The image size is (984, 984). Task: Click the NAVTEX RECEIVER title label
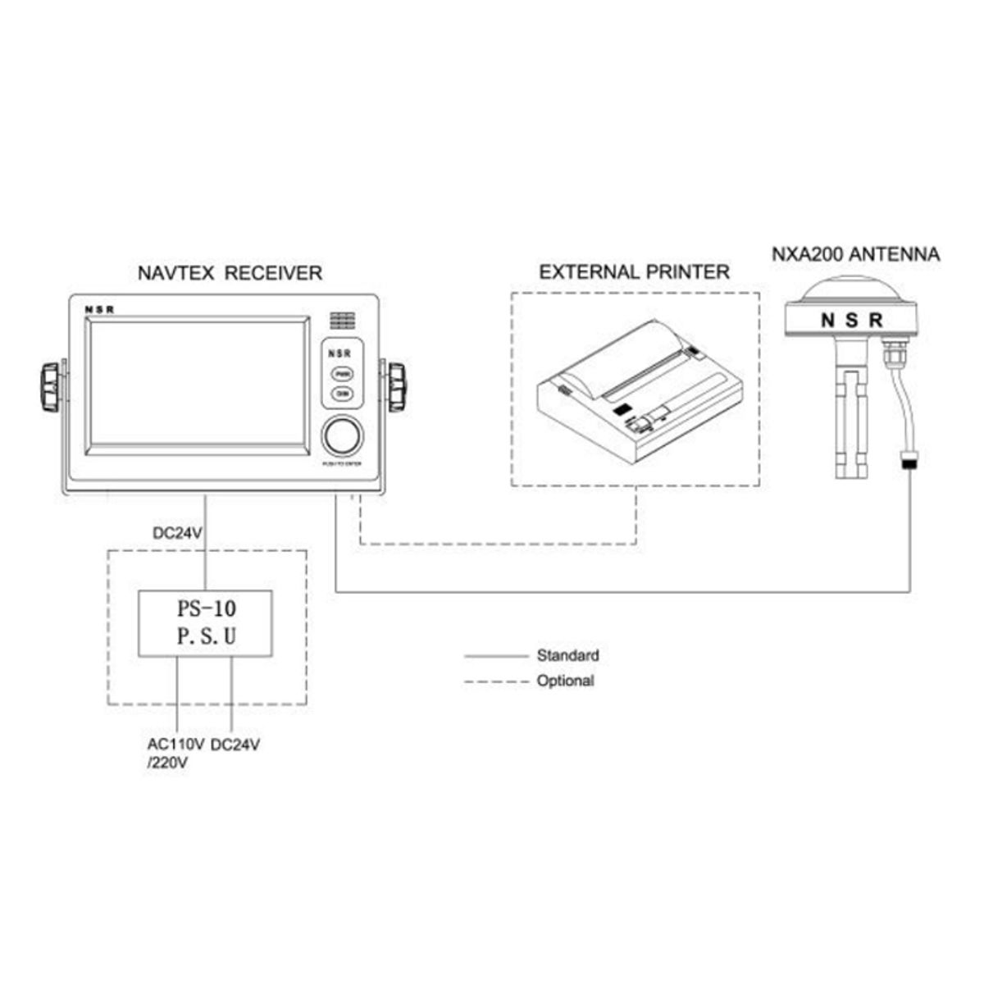(x=229, y=273)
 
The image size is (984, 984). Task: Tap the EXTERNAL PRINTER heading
(x=634, y=271)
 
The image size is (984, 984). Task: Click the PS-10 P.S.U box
(x=205, y=622)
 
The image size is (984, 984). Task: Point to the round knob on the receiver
(x=343, y=436)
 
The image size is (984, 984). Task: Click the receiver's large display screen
(x=198, y=385)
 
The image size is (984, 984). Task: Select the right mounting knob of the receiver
(x=397, y=386)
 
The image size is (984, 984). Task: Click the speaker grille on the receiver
(x=343, y=319)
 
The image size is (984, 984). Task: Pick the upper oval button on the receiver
(x=342, y=373)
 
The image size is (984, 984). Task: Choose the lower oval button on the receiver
(x=342, y=394)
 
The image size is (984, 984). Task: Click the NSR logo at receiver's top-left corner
(x=100, y=309)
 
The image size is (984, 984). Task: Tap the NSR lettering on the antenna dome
(x=852, y=320)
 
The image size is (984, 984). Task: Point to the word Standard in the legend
(x=567, y=655)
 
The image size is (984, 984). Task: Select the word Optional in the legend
(x=565, y=681)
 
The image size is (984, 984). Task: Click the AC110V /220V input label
(x=174, y=754)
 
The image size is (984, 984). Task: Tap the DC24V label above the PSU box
(x=178, y=533)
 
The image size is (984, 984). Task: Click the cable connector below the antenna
(x=909, y=462)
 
